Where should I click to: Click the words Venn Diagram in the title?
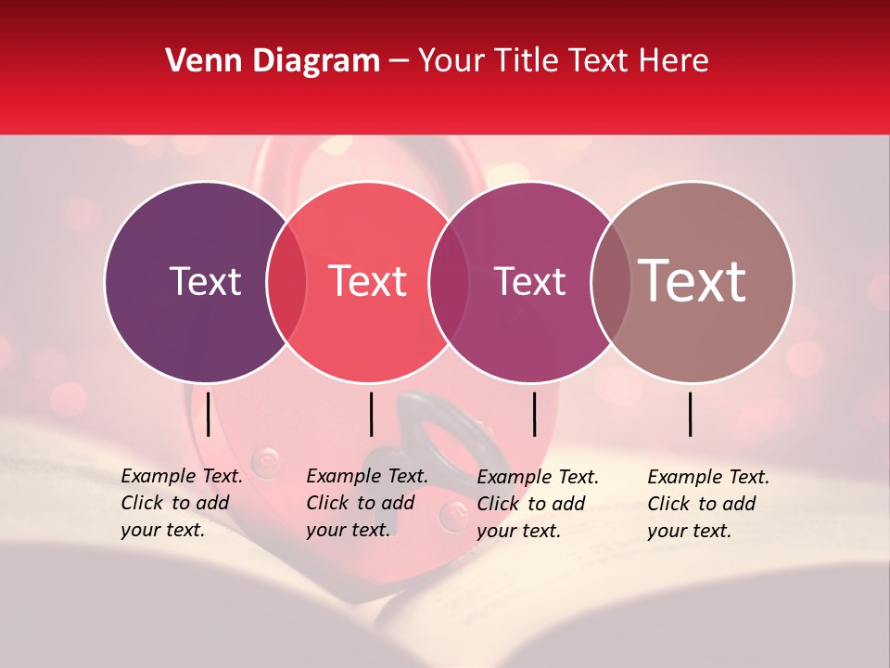point(273,61)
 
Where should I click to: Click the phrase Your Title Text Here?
point(563,61)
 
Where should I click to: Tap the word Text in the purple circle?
point(205,282)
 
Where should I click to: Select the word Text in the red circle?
point(367,282)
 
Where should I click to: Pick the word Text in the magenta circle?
point(529,282)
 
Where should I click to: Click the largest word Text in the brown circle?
point(692,281)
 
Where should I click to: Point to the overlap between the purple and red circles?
point(286,282)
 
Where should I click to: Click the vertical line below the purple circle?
point(208,414)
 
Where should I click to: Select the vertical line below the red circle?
point(371,414)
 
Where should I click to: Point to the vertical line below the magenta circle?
point(534,414)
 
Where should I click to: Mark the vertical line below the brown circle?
point(691,414)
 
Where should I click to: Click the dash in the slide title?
point(399,61)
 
